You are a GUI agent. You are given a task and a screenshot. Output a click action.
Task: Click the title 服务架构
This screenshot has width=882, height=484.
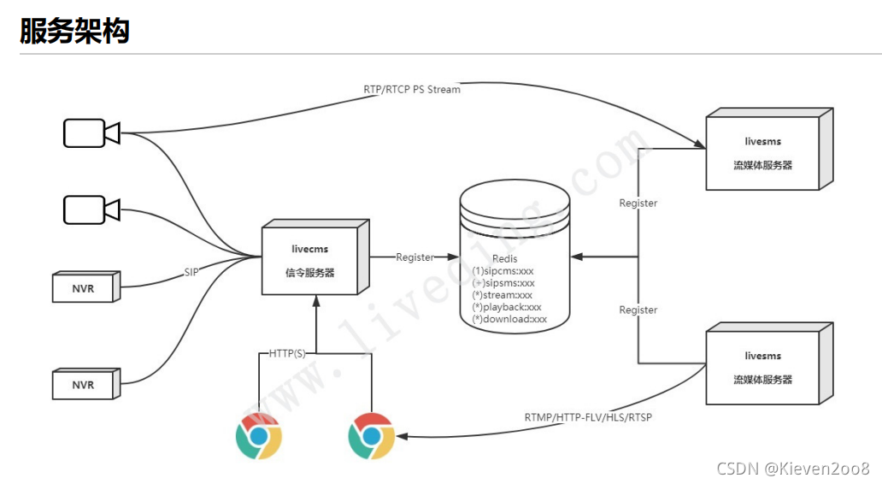[x=74, y=31]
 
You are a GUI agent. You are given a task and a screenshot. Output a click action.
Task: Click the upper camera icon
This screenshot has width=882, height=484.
[x=91, y=133]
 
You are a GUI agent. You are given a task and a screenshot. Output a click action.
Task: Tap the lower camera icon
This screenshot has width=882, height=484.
[x=91, y=209]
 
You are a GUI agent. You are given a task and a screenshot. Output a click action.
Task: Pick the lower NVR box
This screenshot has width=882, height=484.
[x=84, y=385]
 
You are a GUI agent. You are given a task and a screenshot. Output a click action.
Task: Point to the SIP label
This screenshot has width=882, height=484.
[x=192, y=273]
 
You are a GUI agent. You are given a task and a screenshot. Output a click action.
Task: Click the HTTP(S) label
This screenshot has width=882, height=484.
[x=287, y=352]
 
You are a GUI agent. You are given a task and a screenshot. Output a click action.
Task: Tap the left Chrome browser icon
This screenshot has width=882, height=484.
[x=258, y=436]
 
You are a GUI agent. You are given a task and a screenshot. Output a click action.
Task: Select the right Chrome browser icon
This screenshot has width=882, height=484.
[x=372, y=436]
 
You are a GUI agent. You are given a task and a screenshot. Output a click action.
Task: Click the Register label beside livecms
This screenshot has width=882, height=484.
[x=415, y=257]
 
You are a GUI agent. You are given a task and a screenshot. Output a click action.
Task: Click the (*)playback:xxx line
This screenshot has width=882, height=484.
[x=507, y=307]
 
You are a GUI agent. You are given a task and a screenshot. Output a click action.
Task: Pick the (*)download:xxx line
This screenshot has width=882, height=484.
[x=509, y=319]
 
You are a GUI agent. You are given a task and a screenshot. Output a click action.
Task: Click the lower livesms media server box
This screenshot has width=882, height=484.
[x=765, y=366]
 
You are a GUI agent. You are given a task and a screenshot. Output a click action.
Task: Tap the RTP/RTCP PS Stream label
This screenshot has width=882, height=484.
[x=412, y=89]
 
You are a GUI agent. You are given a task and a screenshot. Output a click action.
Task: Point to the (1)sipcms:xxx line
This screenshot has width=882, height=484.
[x=503, y=271]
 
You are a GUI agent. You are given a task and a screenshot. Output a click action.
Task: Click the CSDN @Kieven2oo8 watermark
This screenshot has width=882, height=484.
[x=793, y=468]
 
